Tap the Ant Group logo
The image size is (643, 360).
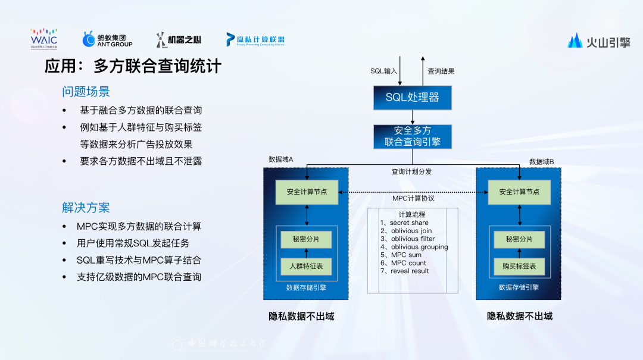(107, 39)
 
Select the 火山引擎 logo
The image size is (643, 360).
(598, 41)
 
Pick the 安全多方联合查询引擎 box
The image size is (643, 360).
(412, 136)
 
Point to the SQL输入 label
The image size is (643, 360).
(383, 71)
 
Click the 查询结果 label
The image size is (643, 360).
(441, 71)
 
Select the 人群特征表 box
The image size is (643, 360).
(306, 266)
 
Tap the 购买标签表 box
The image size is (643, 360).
(519, 266)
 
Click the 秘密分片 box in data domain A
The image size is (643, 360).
(306, 240)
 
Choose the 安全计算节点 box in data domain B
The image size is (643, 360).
(519, 192)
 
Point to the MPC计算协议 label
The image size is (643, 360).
(413, 199)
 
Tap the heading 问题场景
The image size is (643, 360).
(86, 92)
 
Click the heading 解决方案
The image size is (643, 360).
(86, 208)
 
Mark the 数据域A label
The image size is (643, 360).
(285, 160)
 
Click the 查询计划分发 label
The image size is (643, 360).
(411, 171)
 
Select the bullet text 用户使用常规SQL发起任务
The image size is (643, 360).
(133, 243)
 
